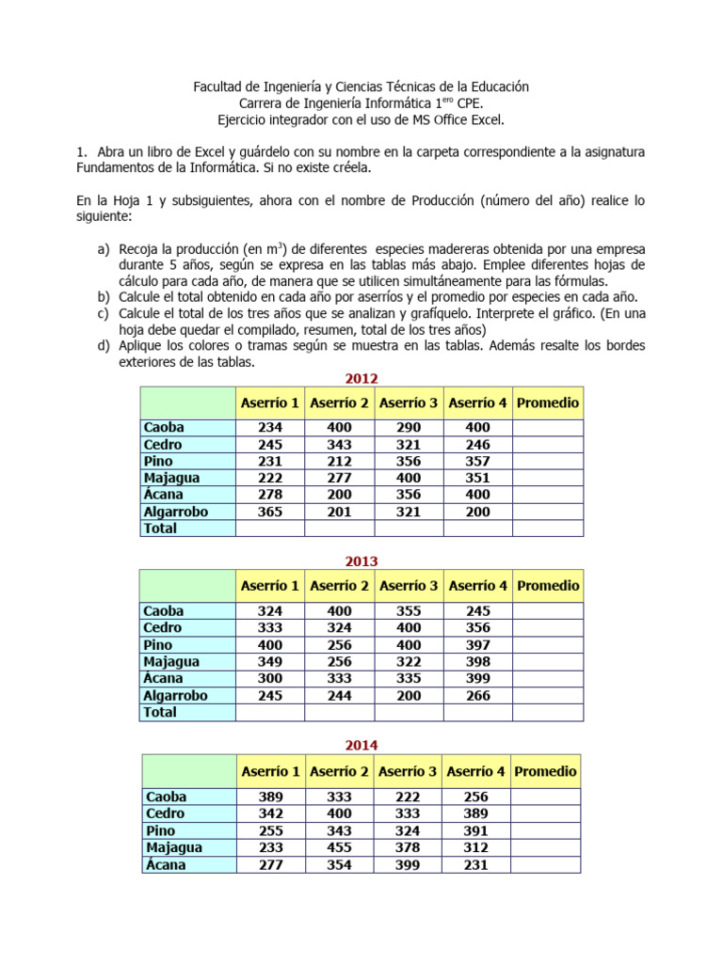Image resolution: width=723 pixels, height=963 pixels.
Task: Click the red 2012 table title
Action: [x=361, y=379]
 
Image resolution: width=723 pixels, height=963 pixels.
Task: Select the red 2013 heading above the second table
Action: [x=361, y=561]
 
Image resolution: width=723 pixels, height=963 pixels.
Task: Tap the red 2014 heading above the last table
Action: [x=361, y=745]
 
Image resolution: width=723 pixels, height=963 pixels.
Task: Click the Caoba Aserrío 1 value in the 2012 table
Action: [x=270, y=427]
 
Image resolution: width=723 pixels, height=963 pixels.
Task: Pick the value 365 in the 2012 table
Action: [x=270, y=512]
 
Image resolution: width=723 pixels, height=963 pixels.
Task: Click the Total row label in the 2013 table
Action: [x=160, y=712]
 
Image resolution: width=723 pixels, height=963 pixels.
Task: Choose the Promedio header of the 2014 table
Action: [x=545, y=771]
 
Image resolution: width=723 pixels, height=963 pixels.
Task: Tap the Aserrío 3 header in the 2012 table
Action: [x=409, y=403]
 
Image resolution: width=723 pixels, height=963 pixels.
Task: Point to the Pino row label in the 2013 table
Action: [x=158, y=644]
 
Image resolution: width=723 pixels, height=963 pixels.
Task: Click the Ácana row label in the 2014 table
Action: [x=166, y=864]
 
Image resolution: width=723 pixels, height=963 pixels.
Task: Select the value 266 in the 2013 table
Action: [x=478, y=695]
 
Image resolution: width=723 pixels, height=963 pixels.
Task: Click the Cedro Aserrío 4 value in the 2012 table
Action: [x=478, y=444]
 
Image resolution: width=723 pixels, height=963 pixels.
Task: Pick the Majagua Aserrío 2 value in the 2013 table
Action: [x=339, y=661]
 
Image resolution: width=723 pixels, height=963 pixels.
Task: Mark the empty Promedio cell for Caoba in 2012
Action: [x=548, y=427]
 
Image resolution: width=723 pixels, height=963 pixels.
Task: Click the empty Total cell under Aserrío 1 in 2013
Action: [x=270, y=712]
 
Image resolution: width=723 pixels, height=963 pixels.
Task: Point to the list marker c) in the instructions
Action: [x=103, y=312]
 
